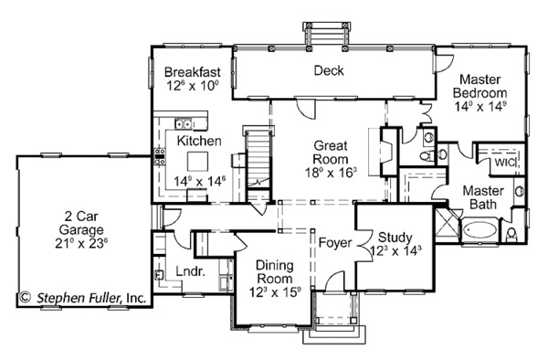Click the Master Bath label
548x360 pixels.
pos(479,196)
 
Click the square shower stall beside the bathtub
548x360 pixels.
pos(447,224)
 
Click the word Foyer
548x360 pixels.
pos(335,242)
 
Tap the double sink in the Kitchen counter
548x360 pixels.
pos(184,123)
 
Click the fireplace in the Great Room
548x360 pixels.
pos(384,149)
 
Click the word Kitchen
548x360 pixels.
pos(198,141)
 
